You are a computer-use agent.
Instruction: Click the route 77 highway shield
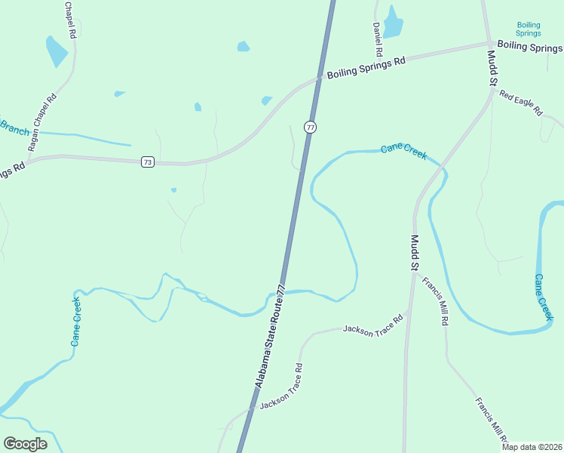coord(310,127)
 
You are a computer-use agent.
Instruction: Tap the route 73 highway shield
coord(147,162)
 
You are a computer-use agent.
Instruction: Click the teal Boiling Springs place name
coord(529,29)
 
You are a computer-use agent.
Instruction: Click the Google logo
coord(26,443)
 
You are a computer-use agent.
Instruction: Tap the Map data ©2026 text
coord(531,447)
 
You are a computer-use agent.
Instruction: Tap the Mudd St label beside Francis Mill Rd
coord(413,252)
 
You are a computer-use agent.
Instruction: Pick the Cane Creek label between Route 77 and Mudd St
coord(403,151)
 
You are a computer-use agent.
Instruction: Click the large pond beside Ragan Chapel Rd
coord(56,51)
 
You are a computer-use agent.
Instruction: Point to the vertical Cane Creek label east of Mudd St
coord(544,297)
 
